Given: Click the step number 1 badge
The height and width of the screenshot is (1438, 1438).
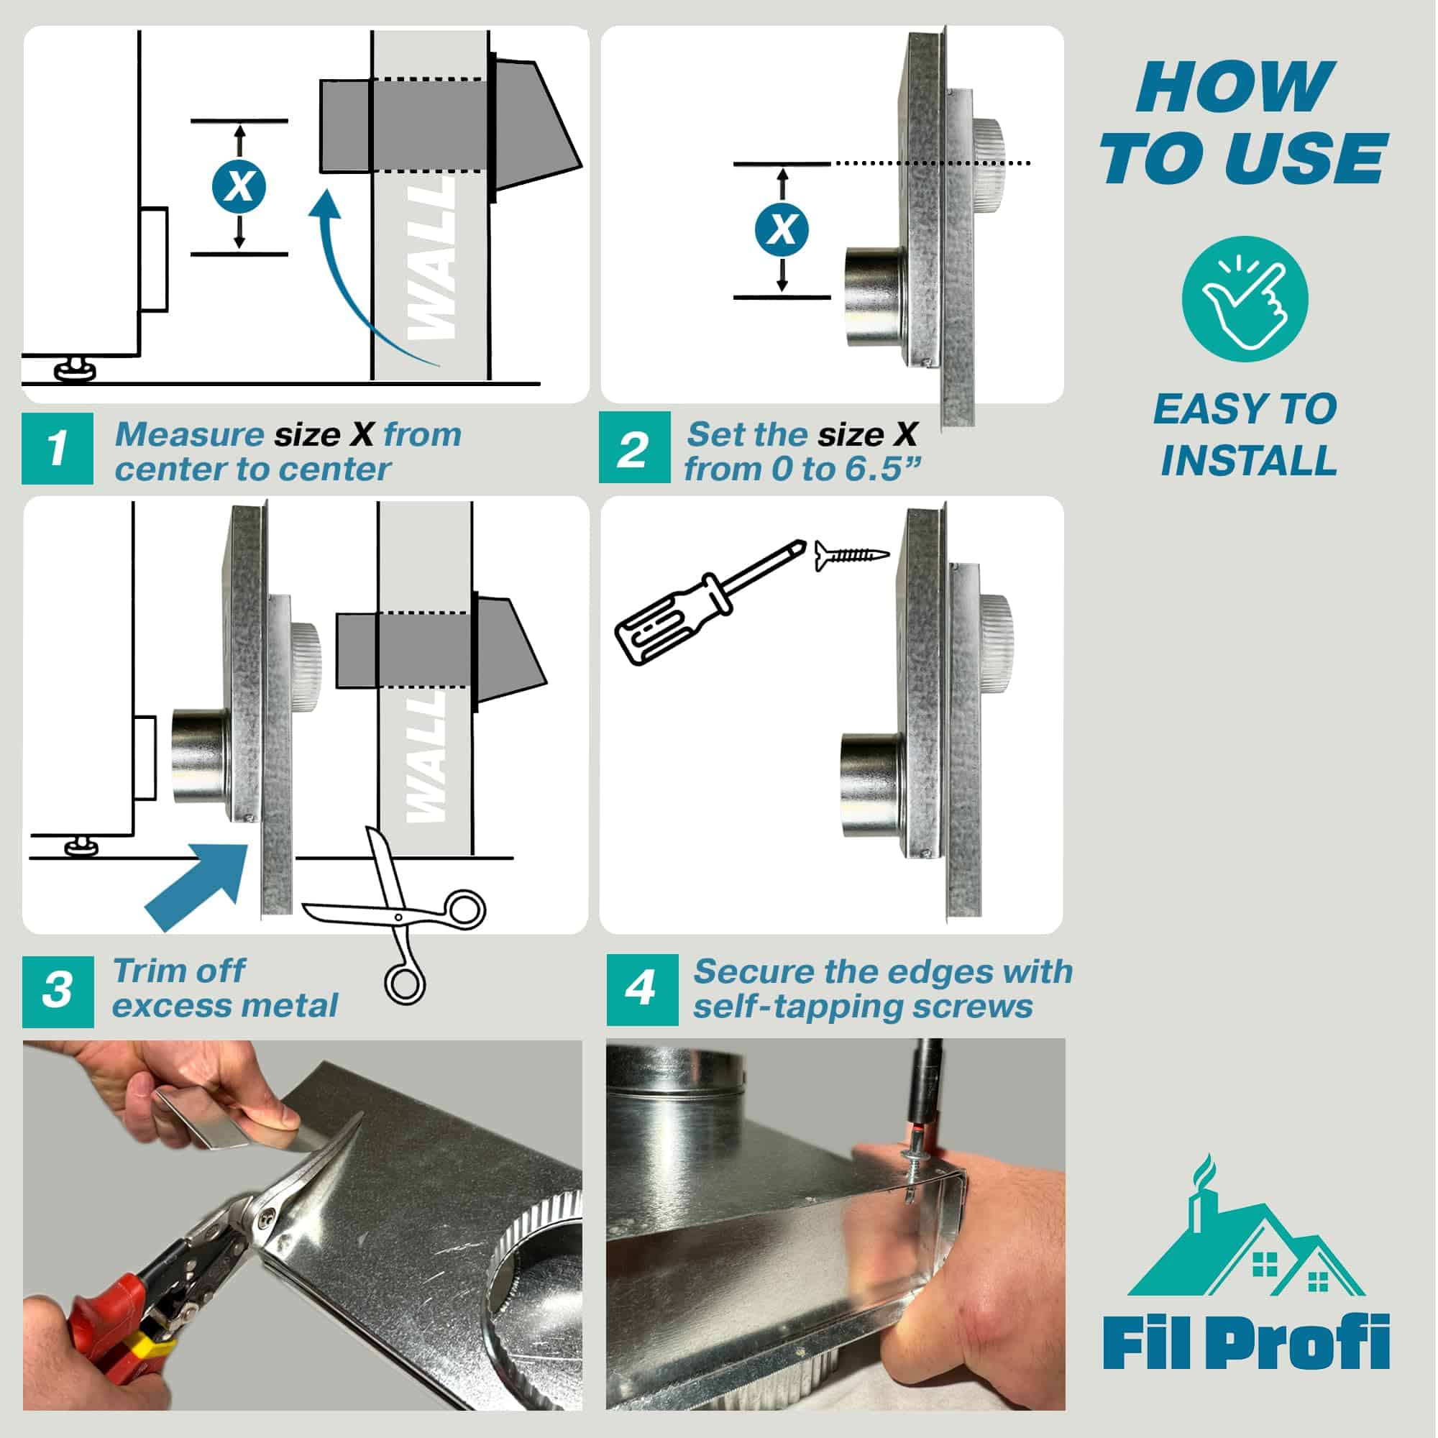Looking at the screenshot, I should pos(58,449).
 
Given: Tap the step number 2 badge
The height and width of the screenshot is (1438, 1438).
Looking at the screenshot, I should pos(634,449).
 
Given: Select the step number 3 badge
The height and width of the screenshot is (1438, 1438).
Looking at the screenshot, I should pos(58,992).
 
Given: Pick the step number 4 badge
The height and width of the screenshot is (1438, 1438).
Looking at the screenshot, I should pos(641,990).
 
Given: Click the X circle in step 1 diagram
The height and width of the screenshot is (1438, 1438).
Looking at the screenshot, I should pos(239,186).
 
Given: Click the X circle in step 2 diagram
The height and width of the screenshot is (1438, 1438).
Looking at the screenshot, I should pos(781,229).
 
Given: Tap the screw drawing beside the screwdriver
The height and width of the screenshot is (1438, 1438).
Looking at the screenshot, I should pos(851,554).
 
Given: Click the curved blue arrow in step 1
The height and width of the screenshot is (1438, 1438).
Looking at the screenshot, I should pos(350,283).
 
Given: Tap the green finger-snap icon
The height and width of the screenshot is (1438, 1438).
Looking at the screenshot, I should pos(1245,299).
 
